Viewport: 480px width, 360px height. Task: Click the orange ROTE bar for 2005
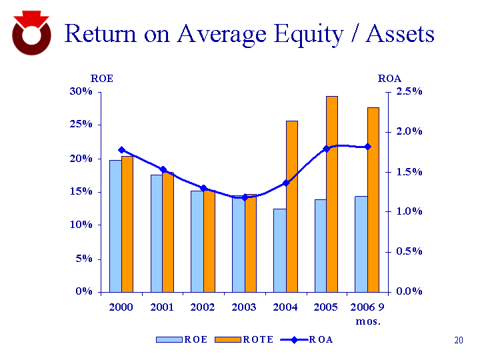point(331,193)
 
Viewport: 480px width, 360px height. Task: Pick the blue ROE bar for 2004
point(279,250)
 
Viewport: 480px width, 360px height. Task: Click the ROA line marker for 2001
point(163,170)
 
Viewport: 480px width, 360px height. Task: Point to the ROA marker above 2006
point(367,147)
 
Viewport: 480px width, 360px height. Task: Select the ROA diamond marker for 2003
point(245,197)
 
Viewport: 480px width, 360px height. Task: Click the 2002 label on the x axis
point(203,307)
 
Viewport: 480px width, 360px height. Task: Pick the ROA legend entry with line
point(307,339)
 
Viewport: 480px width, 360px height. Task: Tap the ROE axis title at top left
point(102,79)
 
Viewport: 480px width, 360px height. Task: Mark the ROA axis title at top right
point(389,79)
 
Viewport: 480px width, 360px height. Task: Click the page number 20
point(458,341)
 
